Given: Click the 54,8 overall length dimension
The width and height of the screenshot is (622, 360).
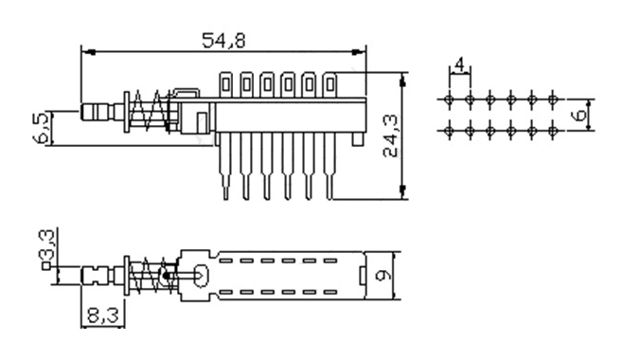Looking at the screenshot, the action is [223, 41].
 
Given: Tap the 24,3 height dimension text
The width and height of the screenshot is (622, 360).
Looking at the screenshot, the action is [392, 135].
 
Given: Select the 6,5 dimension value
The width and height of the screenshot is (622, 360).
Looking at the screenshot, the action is [42, 127].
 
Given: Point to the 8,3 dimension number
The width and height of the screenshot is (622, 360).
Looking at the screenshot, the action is [102, 315].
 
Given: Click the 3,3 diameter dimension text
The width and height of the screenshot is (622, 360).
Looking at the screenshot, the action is [47, 244].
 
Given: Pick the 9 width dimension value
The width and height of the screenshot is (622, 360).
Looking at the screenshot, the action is [382, 275].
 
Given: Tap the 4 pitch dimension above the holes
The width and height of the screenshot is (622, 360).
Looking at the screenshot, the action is [460, 64].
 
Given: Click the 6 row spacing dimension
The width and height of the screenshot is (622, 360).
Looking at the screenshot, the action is [579, 115].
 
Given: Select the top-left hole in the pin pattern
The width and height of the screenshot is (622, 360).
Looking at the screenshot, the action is [449, 99].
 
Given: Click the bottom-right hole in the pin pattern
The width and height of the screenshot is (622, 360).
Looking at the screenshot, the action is [553, 130].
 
